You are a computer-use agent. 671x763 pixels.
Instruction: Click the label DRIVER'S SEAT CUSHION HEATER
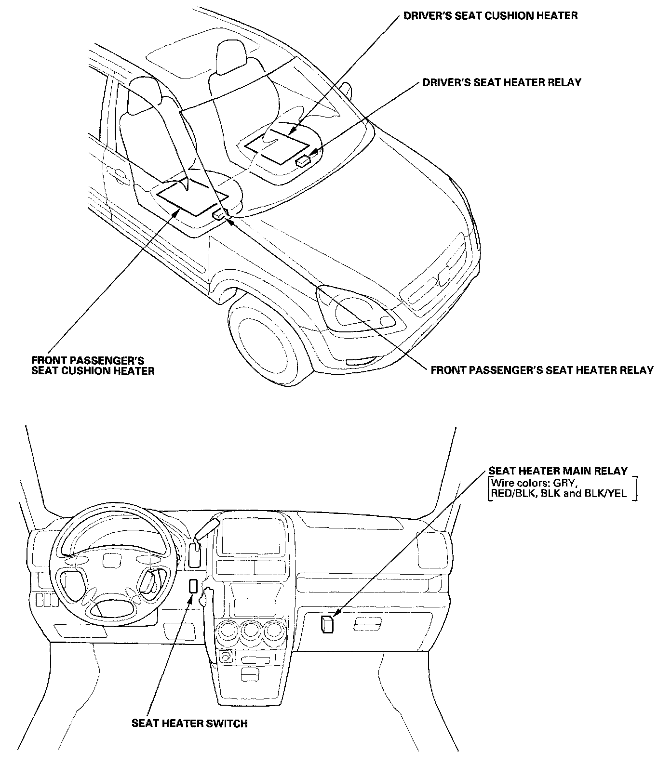pos(490,16)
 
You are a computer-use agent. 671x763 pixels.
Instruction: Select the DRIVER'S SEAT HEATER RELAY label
pos(501,82)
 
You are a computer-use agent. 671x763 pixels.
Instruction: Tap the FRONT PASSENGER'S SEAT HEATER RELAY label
pos(542,370)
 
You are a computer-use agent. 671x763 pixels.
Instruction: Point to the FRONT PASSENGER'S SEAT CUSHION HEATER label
pos(93,366)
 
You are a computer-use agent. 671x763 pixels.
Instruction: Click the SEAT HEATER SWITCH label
pos(189,723)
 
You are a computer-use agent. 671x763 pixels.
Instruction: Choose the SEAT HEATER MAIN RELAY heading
pos(558,471)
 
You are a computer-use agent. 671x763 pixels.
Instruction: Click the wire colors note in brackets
pos(562,488)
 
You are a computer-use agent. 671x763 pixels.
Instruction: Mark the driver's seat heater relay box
pos(303,160)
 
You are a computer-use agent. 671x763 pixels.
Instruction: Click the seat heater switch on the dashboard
pos(193,586)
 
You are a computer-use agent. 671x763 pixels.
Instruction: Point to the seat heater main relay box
pos(326,624)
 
